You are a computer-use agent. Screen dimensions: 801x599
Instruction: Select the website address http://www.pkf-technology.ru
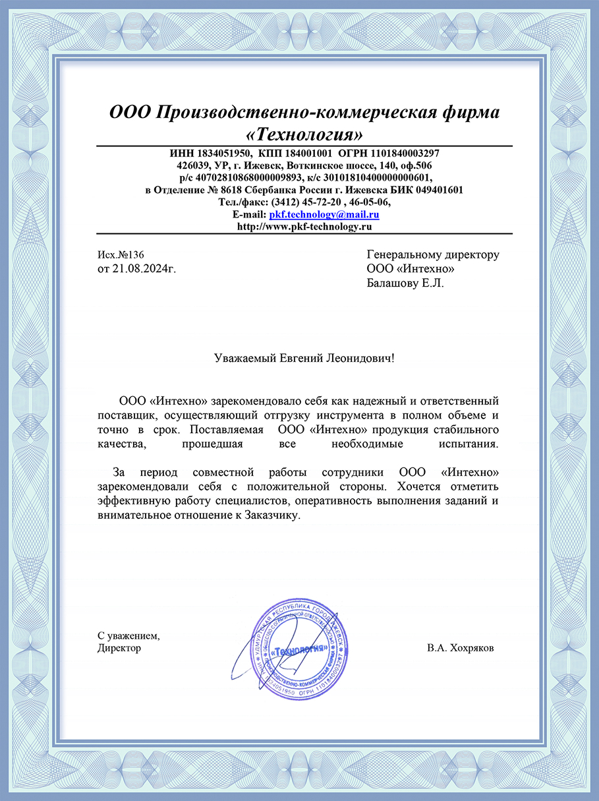pyautogui.click(x=304, y=226)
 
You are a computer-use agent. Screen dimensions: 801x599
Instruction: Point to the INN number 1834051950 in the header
pyautogui.click(x=216, y=152)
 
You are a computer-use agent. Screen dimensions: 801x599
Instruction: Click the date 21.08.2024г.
pyautogui.click(x=143, y=269)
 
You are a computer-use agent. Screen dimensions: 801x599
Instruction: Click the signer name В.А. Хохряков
pyautogui.click(x=460, y=648)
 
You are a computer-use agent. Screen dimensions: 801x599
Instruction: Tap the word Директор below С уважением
pyautogui.click(x=119, y=648)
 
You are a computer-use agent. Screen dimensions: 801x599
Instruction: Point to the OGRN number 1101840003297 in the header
pyautogui.click(x=407, y=152)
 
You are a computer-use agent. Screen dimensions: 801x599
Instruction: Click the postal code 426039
pyautogui.click(x=193, y=164)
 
